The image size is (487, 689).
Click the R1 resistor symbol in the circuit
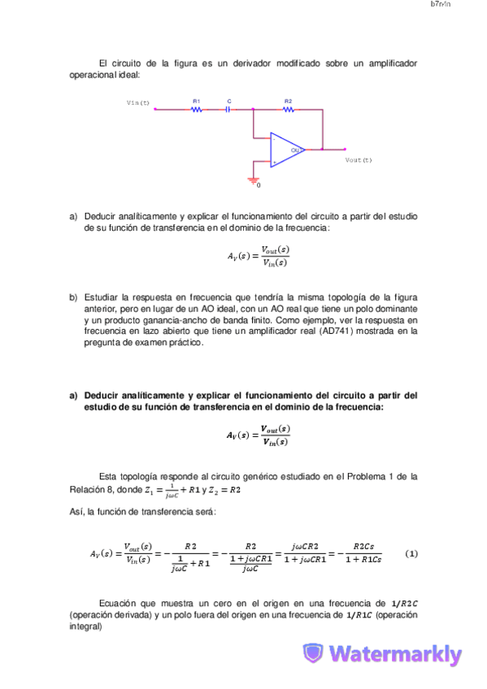pyautogui.click(x=196, y=109)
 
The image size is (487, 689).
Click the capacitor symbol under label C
pyautogui.click(x=228, y=109)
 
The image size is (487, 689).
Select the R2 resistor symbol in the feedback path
pyautogui.click(x=288, y=109)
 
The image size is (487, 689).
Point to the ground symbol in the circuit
pyautogui.click(x=253, y=180)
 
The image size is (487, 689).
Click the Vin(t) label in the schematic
pyautogui.click(x=138, y=103)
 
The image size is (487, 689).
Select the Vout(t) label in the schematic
pyautogui.click(x=358, y=160)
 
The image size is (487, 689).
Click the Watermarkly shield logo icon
pyautogui.click(x=313, y=654)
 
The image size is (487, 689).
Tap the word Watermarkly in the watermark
pyautogui.click(x=396, y=654)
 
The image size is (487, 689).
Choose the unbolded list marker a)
pyautogui.click(x=73, y=216)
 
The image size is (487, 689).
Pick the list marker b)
pyautogui.click(x=73, y=297)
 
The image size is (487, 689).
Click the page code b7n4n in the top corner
pyautogui.click(x=440, y=5)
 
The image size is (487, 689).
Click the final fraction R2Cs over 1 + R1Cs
pyautogui.click(x=363, y=553)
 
